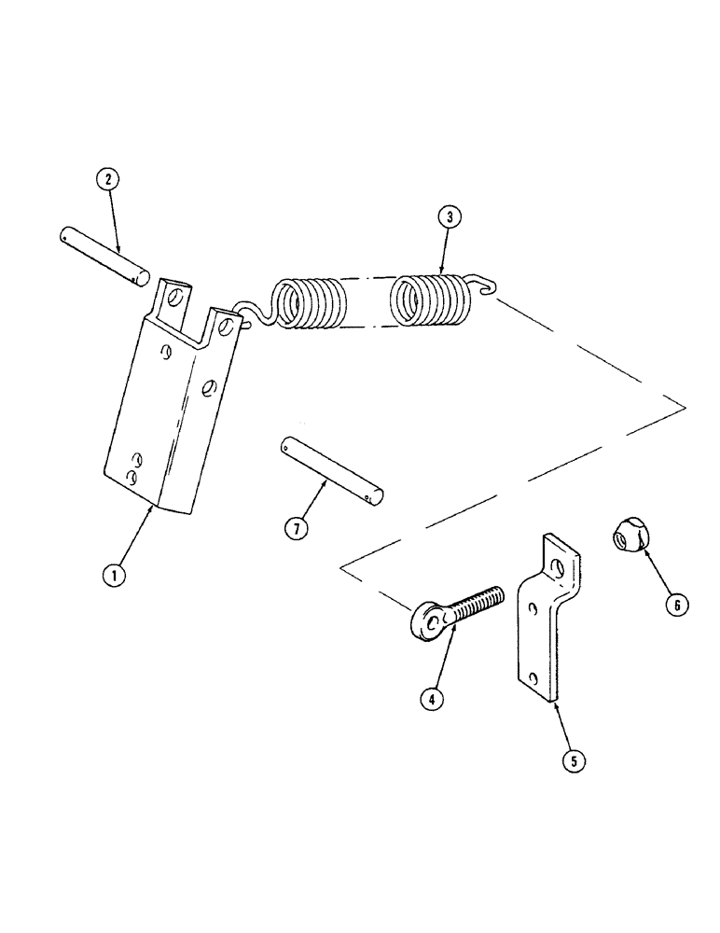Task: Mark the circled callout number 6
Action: click(677, 605)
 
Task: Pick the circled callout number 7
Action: click(293, 528)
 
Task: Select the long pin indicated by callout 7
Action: click(330, 472)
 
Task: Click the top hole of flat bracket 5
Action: click(559, 566)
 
